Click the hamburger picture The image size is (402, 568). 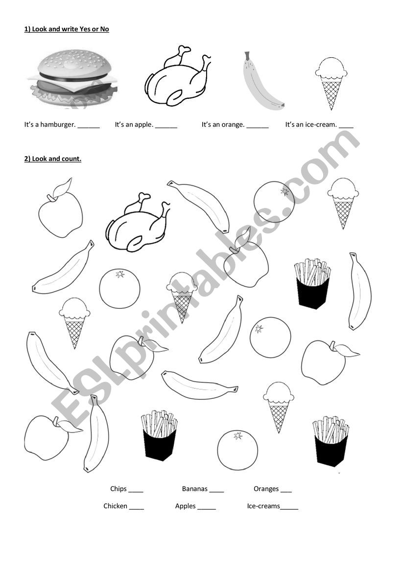point(73,78)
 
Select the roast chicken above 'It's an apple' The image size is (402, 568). point(178,76)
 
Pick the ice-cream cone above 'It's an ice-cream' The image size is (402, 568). point(331,83)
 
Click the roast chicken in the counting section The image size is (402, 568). point(138,223)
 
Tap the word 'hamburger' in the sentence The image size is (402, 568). point(58,125)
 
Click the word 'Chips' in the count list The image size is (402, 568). point(118,489)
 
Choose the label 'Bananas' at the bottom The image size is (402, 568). point(195,489)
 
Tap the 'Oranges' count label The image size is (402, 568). point(266,489)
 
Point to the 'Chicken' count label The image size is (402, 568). point(115,506)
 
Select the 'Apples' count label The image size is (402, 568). point(185,506)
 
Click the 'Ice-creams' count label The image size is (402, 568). point(263,506)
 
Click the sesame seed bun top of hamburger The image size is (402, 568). point(74,64)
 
